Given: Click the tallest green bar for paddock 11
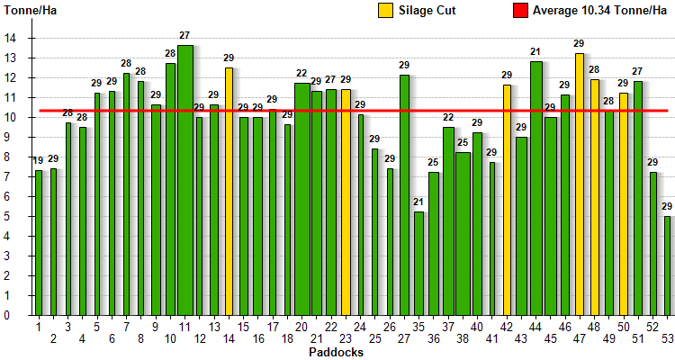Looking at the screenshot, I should pos(184,180).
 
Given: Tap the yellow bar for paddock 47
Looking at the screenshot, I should pos(580,184).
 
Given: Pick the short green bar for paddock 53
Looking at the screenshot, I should pos(668,265).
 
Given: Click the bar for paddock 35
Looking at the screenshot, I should pos(418,263).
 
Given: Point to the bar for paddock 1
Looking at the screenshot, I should pos(39,242).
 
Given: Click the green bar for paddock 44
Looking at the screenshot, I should pos(536,188).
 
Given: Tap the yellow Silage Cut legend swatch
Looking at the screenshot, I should pos(385,11).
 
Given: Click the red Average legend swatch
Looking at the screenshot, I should pos(519,11).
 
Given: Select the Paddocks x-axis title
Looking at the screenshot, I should pos(336,352).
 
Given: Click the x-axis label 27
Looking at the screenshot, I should pos(404,338).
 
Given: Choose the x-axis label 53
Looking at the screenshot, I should pos(668,338).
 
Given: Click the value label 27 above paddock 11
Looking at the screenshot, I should pos(184,36).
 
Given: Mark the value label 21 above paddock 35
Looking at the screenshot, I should pos(418,202).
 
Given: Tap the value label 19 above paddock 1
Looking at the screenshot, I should pos(39,161).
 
